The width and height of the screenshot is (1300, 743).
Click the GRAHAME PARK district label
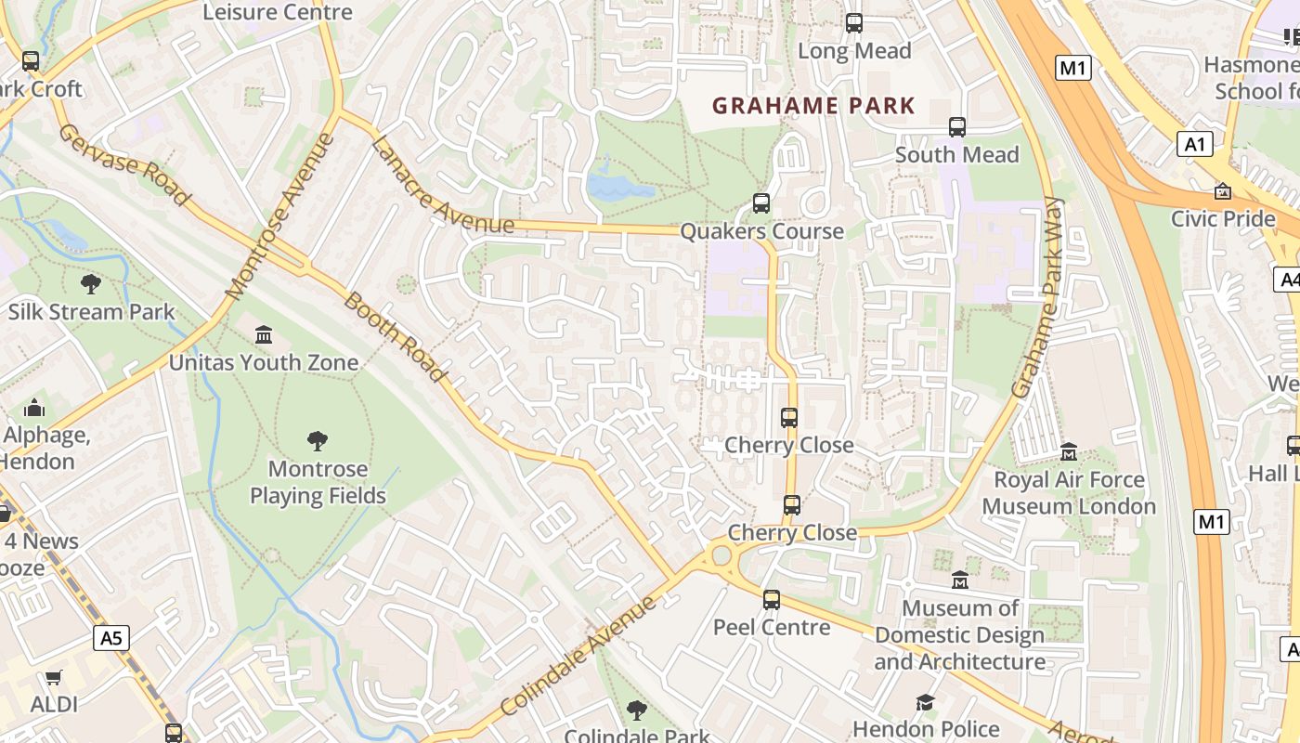coord(813,106)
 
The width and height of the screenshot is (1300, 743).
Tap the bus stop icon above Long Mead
coord(854,23)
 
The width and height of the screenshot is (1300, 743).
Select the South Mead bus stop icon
coord(957,127)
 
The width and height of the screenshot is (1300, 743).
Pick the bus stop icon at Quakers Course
coord(761,203)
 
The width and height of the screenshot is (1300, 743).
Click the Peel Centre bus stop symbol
coord(772,600)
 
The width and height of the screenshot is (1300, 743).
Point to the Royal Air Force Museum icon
coord(1069,451)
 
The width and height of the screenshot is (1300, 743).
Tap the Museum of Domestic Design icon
coord(960,580)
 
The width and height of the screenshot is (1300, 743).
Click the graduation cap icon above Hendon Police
coord(925,702)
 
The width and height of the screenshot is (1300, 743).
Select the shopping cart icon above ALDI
coord(54,678)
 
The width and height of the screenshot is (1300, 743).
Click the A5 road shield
coord(110,638)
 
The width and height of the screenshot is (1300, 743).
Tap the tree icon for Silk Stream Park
coord(91,283)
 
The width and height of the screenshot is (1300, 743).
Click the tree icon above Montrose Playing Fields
coord(318,440)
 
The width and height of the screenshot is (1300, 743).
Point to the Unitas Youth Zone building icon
coord(264,334)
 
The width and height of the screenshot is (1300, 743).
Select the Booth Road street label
coord(395,336)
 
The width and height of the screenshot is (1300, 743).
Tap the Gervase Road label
coord(123,164)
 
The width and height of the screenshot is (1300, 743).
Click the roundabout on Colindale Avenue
coord(721,556)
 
